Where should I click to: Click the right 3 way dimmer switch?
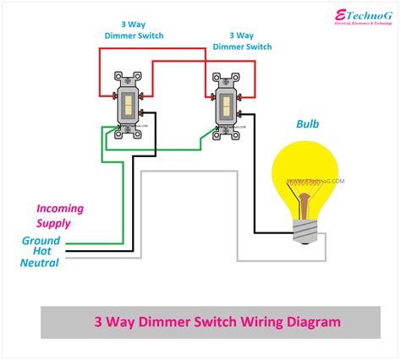coord(226,106)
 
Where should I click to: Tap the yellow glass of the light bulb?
coord(309,173)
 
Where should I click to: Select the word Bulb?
coord(309,123)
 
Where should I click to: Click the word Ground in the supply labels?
coord(41,240)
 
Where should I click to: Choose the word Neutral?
coord(40,263)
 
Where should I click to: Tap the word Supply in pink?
coord(53,223)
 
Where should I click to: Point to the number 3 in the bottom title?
coord(97,322)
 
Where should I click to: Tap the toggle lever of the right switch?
coord(226,105)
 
